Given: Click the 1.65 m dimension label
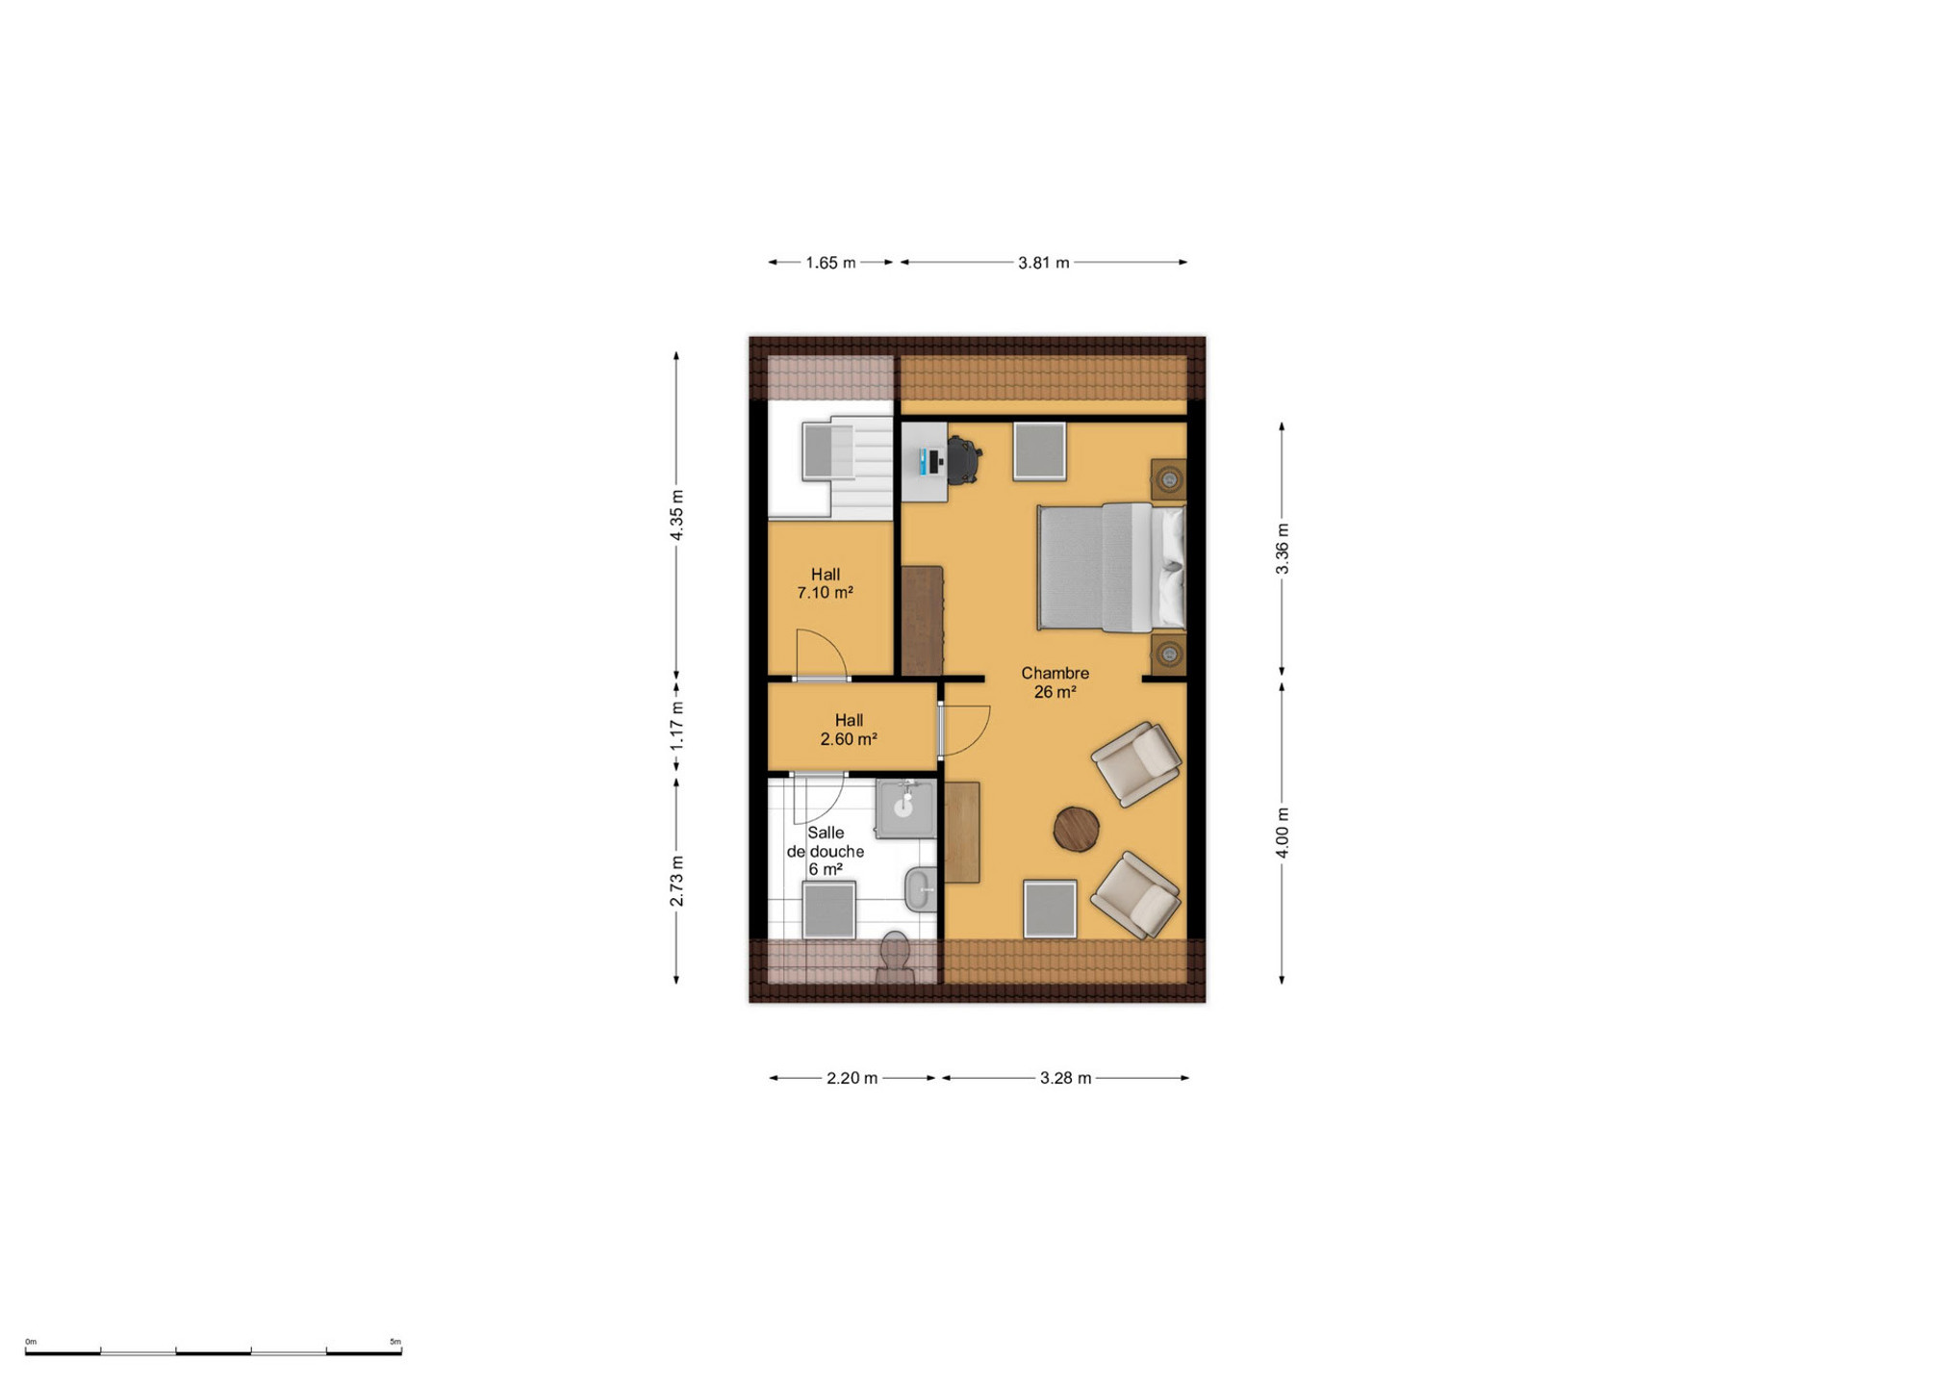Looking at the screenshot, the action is [x=830, y=263].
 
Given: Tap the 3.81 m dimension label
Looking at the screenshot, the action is [x=1044, y=263].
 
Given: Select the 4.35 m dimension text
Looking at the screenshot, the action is [x=677, y=515].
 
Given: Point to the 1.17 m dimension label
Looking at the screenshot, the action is [x=677, y=727].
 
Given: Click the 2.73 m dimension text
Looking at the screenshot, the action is [x=677, y=881].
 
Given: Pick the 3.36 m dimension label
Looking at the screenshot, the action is [x=1283, y=550].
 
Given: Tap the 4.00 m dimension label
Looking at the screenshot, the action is [x=1283, y=833].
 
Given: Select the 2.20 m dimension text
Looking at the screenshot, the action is [x=852, y=1078].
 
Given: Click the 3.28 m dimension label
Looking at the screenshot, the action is [x=1066, y=1078].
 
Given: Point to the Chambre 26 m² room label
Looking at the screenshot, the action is [x=1055, y=682].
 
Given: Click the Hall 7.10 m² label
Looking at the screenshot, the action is [x=826, y=583].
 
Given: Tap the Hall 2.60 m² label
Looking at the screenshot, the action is [x=849, y=730].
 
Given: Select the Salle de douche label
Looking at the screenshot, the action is [x=826, y=842].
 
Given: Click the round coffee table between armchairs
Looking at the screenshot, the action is [x=1077, y=829].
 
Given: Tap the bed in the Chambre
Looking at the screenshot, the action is [x=1111, y=567].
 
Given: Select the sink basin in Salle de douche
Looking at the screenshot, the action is [x=905, y=808].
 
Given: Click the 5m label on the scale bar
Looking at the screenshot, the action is [x=395, y=1342].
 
